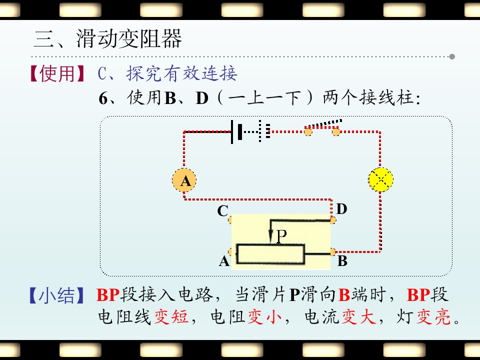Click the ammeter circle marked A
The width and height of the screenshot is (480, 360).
[184, 180]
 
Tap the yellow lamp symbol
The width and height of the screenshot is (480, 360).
[380, 179]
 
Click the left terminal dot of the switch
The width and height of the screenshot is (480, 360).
[308, 132]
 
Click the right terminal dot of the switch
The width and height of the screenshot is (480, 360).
[336, 132]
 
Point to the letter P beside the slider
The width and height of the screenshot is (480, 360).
[281, 236]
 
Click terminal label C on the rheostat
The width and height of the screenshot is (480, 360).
[222, 211]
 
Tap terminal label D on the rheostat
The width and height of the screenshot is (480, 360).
[341, 209]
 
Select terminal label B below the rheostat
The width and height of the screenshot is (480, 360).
[342, 261]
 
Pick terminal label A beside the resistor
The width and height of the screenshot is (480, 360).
[224, 261]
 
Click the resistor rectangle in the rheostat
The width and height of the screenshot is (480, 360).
[270, 254]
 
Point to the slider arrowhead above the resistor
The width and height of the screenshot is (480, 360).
[271, 237]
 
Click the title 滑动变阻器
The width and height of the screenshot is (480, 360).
[129, 38]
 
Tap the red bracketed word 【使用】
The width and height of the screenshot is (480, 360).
[57, 74]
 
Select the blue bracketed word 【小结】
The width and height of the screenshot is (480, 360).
[56, 295]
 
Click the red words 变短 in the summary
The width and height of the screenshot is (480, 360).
[171, 316]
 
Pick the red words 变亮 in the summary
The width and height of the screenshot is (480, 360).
[433, 316]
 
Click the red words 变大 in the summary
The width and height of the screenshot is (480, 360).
[359, 316]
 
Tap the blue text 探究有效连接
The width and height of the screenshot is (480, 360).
[182, 74]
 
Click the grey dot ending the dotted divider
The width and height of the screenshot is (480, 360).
[452, 56]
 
